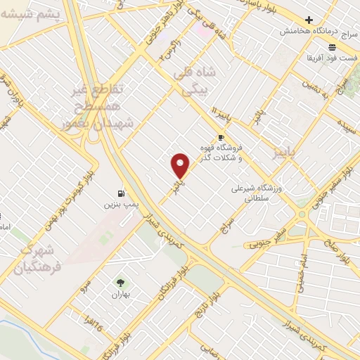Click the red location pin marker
coord(181,166)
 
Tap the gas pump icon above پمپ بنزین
coord(122,193)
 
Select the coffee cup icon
coord(221,137)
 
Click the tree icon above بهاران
coord(120,283)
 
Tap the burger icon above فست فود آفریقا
coord(333,46)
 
